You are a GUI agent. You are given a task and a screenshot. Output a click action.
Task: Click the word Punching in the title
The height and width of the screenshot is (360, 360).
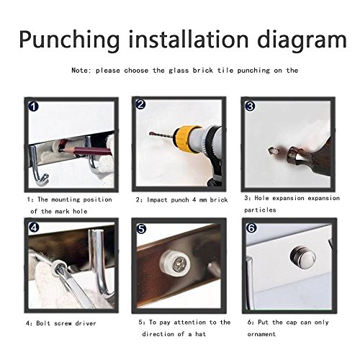[69, 40]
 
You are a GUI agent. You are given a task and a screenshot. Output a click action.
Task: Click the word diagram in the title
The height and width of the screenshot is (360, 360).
[302, 40]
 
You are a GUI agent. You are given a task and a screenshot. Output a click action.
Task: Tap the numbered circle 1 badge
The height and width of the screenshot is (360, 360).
[33, 107]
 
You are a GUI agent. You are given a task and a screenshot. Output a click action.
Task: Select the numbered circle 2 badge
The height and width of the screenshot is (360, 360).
[140, 104]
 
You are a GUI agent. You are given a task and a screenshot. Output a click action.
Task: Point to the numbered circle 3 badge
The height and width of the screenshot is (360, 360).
[250, 106]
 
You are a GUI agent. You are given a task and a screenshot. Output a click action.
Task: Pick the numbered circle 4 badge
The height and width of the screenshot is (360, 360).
[34, 228]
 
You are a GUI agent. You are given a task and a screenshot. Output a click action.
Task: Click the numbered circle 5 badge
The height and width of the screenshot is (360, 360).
[141, 229]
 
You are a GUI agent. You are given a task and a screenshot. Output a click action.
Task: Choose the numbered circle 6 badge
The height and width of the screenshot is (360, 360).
[251, 228]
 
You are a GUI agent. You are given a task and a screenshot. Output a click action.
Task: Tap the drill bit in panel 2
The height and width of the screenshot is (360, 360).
[163, 135]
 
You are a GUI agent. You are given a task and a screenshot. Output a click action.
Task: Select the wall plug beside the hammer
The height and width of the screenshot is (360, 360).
[274, 151]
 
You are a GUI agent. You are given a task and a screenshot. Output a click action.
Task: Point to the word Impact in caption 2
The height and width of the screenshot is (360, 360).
[158, 200]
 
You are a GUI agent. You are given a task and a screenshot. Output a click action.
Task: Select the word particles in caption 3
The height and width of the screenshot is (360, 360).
[260, 210]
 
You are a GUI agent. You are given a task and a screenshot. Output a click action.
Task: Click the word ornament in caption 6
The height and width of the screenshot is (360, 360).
[261, 334]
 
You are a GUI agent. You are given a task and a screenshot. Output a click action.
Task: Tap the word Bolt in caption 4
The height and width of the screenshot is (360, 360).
[43, 323]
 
